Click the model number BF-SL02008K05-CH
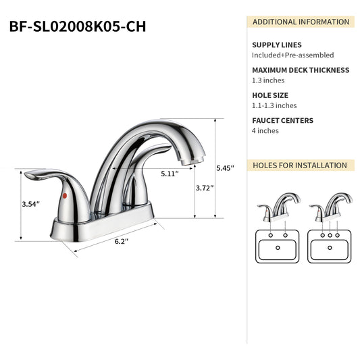tap(78, 26)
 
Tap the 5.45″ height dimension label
tap(225, 168)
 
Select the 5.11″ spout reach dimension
tap(170, 173)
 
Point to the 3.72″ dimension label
tap(205, 188)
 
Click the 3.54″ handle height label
tap(31, 203)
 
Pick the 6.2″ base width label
tap(122, 240)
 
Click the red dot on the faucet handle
tap(63, 195)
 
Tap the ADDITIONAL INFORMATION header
tap(301, 22)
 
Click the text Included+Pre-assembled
tap(292, 55)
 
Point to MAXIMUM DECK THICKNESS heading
tap(301, 70)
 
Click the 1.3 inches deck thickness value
tap(269, 80)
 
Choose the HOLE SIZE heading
tap(269, 95)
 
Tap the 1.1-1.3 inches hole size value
tap(274, 105)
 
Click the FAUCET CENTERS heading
tap(282, 120)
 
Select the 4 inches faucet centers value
tap(265, 131)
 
